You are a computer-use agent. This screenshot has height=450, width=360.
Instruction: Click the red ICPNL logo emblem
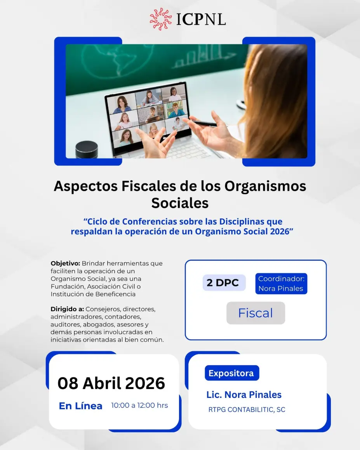point(161,19)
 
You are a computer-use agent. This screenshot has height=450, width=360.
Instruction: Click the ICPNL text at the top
point(201,19)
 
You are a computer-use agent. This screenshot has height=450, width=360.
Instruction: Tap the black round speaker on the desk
point(86,149)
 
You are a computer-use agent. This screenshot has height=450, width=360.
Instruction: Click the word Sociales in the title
point(180,203)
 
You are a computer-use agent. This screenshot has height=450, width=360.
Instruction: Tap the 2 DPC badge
point(224,283)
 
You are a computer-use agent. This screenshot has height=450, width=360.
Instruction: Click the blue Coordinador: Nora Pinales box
point(281,284)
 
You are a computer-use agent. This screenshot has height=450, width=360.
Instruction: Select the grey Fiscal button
point(256,313)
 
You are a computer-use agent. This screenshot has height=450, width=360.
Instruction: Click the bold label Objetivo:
point(65,263)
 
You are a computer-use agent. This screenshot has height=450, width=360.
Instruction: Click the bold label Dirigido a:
point(67,309)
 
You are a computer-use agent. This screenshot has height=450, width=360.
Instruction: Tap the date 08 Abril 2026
point(111,383)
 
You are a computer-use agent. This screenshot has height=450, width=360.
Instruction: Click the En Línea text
point(81,406)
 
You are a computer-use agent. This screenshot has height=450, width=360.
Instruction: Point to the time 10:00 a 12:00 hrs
point(139,405)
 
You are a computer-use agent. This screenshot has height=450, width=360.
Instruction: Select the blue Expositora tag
point(232,373)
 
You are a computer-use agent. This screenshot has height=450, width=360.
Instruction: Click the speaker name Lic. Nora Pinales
point(244,394)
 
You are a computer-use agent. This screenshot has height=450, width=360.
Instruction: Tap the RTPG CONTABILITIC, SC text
point(247,410)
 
